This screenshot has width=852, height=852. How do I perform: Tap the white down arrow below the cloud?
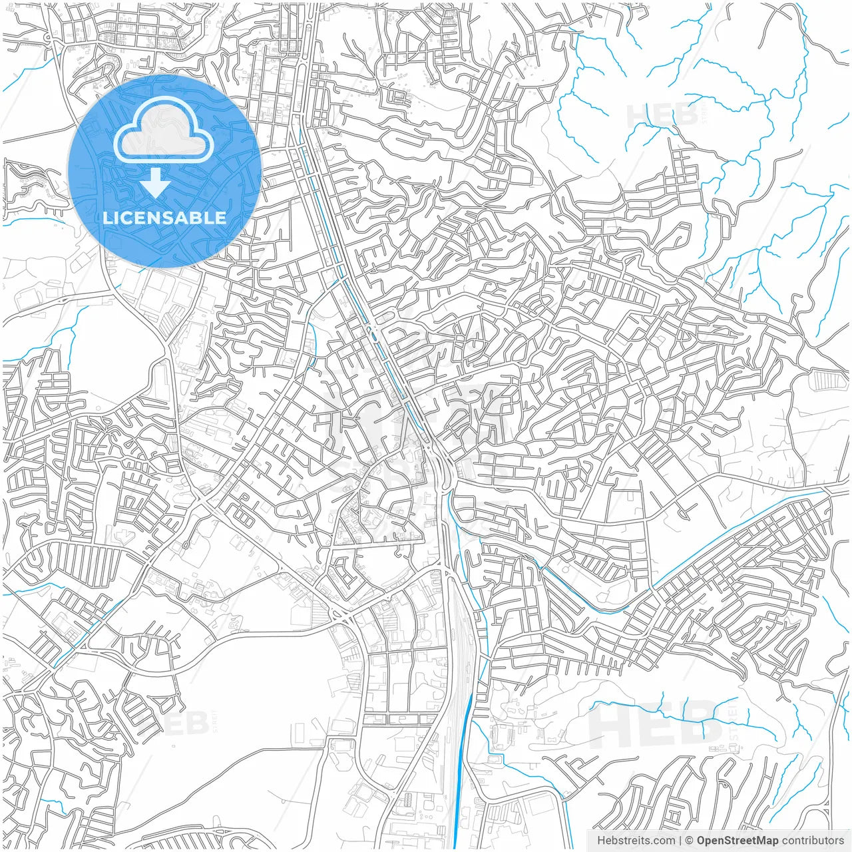coord(156,182)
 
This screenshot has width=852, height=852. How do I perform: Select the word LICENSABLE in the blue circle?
coord(164,218)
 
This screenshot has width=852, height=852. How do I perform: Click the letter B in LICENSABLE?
coord(200,218)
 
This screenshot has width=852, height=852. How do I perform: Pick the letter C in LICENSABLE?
coord(128,218)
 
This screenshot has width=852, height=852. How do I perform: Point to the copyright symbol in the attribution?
coord(690,841)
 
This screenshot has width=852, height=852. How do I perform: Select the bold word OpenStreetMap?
coord(738,841)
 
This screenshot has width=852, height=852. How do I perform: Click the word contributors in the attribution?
coord(813,841)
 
